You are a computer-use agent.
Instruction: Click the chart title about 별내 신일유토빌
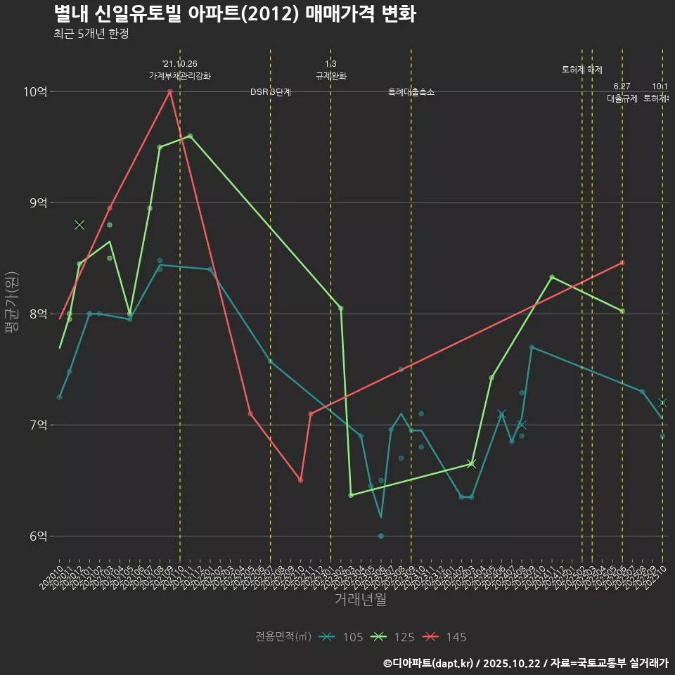coord(234,14)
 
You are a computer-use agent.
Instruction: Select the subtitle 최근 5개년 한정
coord(91,34)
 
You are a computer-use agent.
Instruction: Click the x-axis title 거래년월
coord(360,600)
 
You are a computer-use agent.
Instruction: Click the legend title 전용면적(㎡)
coord(283,637)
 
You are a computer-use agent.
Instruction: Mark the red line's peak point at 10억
coord(170,91)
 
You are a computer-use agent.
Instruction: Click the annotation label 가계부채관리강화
coord(179,76)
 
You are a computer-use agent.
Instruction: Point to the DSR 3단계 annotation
coord(271,93)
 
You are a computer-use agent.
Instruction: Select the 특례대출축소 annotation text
coord(411,92)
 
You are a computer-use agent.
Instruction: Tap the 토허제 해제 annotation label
coord(582,70)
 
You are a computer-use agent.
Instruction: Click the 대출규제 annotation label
coord(622,98)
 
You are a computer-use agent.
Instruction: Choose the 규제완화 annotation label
coord(330,76)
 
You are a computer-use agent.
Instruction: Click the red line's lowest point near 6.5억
coord(300,480)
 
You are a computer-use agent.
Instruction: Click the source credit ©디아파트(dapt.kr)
coord(430,663)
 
